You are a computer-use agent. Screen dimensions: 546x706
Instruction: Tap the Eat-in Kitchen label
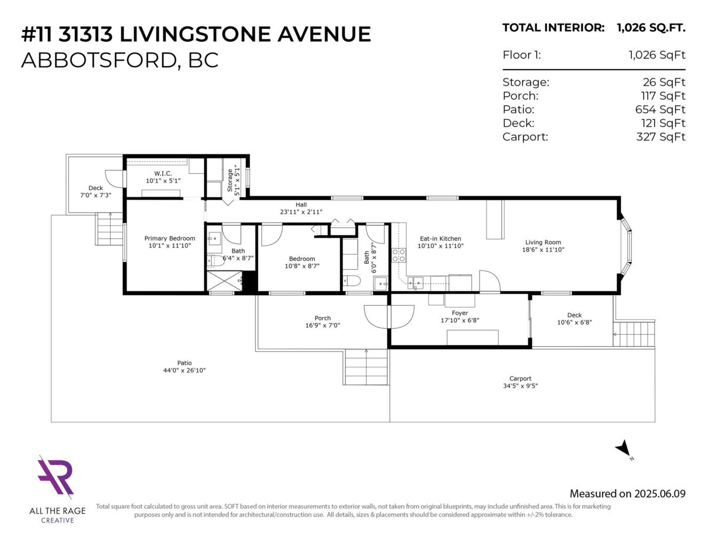pos(440,239)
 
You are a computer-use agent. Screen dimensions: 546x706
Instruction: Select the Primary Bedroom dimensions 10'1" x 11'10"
pos(169,246)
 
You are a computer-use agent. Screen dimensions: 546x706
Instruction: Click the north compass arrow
pos(623,449)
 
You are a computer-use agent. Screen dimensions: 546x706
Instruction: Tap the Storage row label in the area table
pos(526,82)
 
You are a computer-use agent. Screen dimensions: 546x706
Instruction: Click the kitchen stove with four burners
pos(398,256)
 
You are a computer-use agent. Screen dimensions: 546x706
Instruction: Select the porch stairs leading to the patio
pos(366,367)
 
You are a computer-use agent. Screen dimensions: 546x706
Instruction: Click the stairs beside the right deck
pos(634,334)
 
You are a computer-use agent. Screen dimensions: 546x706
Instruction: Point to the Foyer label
pos(459,313)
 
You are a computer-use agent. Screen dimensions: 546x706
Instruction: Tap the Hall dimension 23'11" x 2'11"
pos(301,211)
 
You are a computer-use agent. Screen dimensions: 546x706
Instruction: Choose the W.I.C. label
pos(162,173)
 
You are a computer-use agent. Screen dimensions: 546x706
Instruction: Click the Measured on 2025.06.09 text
pos(627,494)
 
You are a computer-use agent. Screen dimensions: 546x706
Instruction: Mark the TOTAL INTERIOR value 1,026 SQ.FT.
pos(651,27)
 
